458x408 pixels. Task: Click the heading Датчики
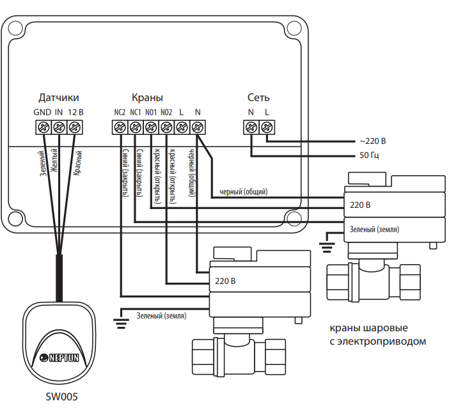tap(58, 98)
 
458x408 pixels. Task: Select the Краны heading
tap(146, 98)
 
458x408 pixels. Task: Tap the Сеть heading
tap(258, 98)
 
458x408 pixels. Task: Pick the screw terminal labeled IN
tap(58, 127)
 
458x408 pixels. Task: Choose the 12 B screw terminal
tap(75, 127)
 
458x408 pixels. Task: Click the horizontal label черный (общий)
tap(243, 191)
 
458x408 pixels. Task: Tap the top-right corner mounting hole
tap(293, 28)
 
